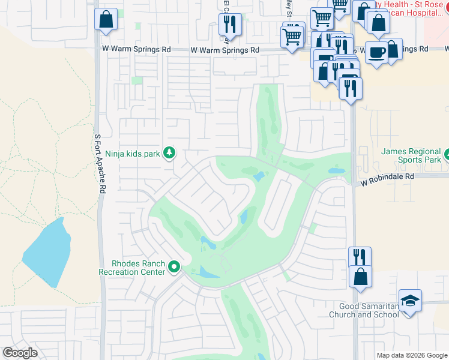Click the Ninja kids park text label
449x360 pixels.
click(x=132, y=154)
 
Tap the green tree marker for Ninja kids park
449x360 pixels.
click(x=170, y=154)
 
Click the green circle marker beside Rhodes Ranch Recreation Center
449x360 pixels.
click(x=175, y=267)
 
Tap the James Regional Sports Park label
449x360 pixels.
click(x=411, y=155)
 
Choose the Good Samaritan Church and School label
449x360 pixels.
click(x=363, y=310)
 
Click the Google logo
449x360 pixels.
click(x=19, y=353)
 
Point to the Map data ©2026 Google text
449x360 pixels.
click(x=411, y=355)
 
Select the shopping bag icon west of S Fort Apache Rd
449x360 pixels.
click(x=106, y=19)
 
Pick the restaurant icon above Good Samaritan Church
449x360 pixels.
click(x=360, y=257)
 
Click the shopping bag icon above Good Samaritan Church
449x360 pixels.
click(x=360, y=277)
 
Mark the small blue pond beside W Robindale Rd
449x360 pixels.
click(x=337, y=171)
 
